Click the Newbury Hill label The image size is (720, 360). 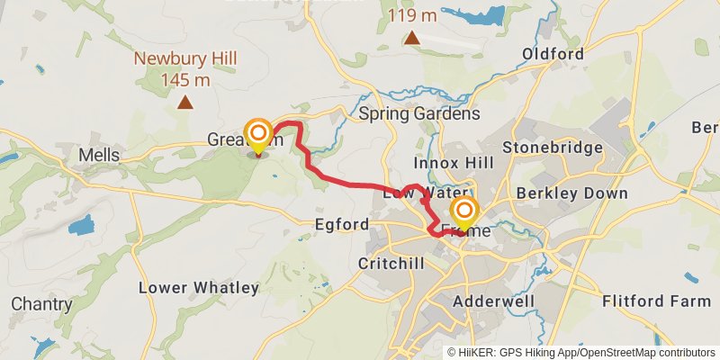185,60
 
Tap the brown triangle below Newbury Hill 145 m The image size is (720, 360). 185,103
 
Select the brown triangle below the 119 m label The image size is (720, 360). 411,38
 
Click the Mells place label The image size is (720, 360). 99,155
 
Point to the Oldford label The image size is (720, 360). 553,54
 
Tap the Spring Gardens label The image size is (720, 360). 418,114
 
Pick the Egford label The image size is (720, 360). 342,224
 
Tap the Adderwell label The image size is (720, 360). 495,301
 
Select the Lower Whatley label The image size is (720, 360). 199,288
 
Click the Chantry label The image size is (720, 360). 42,304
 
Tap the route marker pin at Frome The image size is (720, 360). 464,214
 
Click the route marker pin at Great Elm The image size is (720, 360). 258,136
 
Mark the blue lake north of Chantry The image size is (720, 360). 81,224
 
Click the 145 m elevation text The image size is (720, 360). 185,80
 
